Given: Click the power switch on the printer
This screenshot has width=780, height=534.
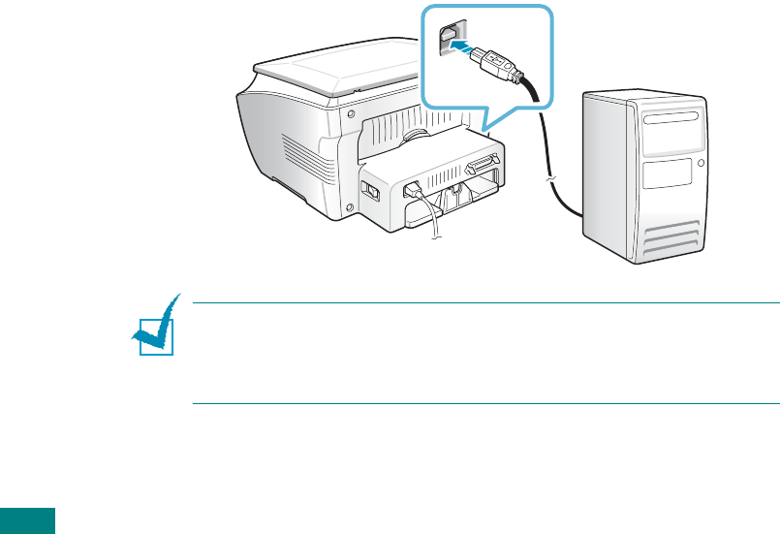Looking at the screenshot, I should coord(369,190).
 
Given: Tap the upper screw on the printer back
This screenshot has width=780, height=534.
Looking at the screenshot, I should coord(347,111).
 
